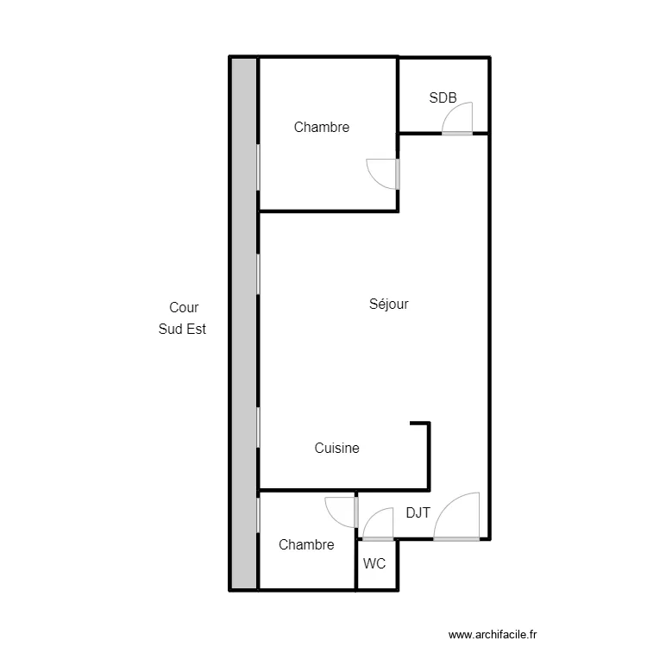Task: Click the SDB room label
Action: [x=443, y=97]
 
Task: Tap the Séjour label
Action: [x=389, y=305]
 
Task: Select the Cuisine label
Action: [x=336, y=448]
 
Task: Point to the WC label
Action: [x=374, y=563]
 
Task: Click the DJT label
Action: [x=418, y=512]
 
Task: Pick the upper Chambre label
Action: [x=322, y=127]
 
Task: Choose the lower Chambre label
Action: [x=306, y=544]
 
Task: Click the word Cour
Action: [x=184, y=307]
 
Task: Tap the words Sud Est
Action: [x=182, y=329]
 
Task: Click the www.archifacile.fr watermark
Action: [x=493, y=634]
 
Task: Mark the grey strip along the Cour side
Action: [x=244, y=323]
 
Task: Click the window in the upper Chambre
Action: [x=258, y=167]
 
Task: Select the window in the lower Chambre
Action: [x=258, y=515]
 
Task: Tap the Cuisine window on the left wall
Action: [x=258, y=428]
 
